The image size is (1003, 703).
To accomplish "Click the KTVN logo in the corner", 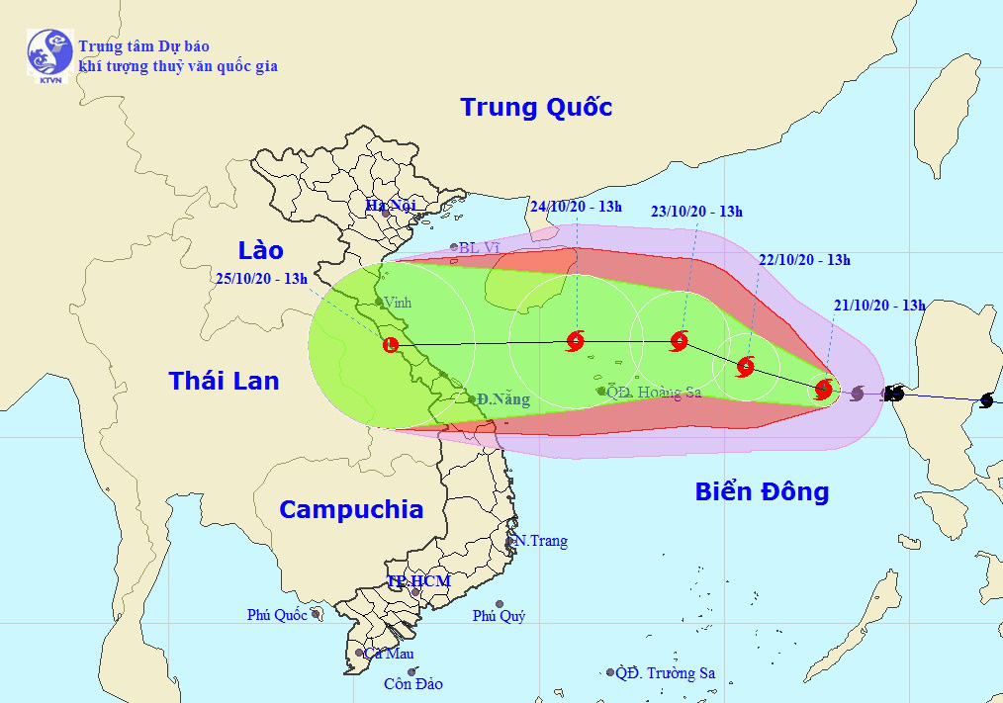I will coord(49,56).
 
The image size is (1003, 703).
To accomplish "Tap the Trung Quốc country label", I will coord(536,107).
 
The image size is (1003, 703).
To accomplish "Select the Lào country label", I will coord(261,249).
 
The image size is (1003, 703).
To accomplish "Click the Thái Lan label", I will coord(224,380).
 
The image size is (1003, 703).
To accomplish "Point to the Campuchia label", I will coord(351,509).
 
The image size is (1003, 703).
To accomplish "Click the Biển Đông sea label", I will coord(762,491).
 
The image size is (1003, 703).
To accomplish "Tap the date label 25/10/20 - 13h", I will coord(261,278).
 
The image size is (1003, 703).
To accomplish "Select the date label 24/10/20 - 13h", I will coord(576,207).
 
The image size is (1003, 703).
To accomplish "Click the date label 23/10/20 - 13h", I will coord(696,211).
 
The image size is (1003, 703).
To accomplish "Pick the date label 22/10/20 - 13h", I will coord(804,260).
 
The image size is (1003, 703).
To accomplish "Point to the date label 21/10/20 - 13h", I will coord(878,306).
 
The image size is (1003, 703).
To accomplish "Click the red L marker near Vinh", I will coord(391,345).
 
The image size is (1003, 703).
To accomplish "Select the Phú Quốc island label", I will coord(277,615).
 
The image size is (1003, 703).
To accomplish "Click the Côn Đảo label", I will coord(414,684).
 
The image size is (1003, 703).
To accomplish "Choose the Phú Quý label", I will coord(499,616).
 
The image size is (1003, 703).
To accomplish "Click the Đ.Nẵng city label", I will coord(502,399).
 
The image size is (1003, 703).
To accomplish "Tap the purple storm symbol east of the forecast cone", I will coord(858,394).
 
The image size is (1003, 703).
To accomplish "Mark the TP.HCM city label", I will coord(417,581).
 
